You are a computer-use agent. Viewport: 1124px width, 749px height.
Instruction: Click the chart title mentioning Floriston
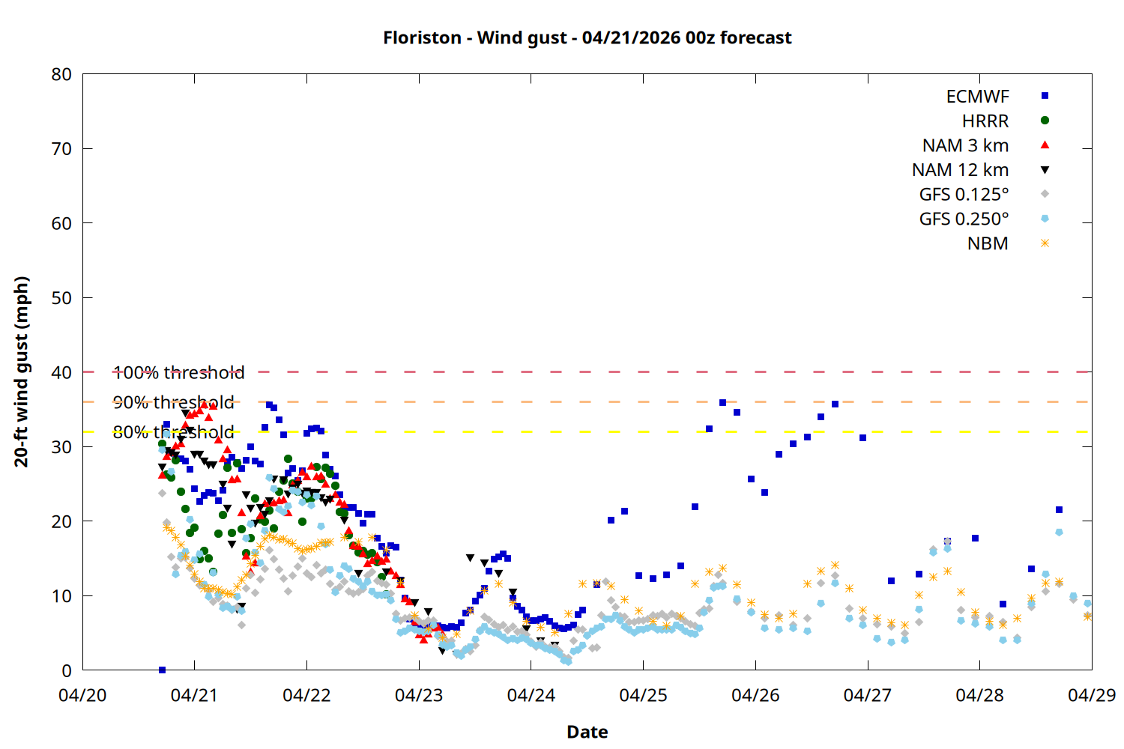point(587,37)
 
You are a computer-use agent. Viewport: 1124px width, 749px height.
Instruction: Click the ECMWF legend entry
point(977,97)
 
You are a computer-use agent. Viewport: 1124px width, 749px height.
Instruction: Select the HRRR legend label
point(985,121)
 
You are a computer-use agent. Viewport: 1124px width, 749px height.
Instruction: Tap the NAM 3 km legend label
point(965,145)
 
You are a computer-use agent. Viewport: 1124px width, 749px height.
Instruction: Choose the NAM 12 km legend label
point(960,170)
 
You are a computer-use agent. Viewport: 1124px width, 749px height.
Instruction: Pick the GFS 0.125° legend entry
point(964,195)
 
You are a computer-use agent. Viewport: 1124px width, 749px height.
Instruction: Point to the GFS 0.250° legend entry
point(964,219)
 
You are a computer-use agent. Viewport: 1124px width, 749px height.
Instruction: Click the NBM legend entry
point(988,243)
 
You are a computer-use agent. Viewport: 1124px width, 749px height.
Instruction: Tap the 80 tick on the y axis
point(61,74)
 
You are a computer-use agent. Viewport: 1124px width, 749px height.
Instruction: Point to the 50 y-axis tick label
point(61,298)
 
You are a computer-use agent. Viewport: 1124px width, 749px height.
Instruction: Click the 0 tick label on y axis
point(67,671)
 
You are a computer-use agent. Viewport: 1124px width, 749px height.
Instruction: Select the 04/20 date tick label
point(82,695)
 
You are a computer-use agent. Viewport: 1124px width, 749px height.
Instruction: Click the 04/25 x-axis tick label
point(643,695)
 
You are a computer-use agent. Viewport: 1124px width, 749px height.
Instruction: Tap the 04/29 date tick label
point(1091,695)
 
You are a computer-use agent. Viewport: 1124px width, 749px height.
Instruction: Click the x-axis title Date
point(587,732)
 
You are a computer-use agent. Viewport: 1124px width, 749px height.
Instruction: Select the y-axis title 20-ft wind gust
point(22,372)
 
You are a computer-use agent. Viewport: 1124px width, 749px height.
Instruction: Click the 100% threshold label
point(178,372)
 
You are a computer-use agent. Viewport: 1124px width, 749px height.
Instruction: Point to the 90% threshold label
point(173,402)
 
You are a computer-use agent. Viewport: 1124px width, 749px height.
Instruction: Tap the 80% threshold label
point(173,432)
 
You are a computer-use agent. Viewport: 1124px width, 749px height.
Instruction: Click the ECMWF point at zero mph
point(162,670)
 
